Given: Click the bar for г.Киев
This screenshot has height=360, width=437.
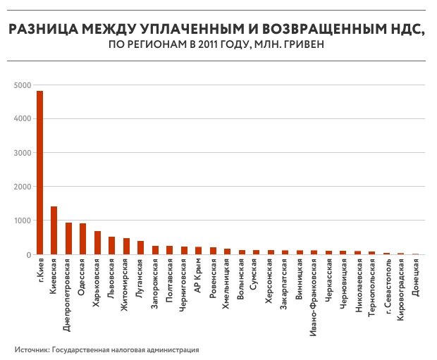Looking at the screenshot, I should pyautogui.click(x=39, y=173).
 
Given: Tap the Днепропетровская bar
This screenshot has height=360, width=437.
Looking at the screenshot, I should pyautogui.click(x=68, y=239).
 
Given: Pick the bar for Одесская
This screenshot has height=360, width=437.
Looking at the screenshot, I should pyautogui.click(x=82, y=239).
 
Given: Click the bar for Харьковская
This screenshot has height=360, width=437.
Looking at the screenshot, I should pyautogui.click(x=97, y=243).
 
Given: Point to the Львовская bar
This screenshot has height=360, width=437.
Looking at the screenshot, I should pyautogui.click(x=111, y=246).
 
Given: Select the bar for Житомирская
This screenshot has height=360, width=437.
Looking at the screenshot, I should pyautogui.click(x=126, y=247).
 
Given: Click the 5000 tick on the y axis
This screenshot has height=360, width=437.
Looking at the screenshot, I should pyautogui.click(x=22, y=85).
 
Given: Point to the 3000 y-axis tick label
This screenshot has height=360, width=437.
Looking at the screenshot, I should pyautogui.click(x=22, y=153).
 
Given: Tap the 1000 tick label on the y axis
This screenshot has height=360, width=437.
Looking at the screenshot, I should pyautogui.click(x=22, y=221).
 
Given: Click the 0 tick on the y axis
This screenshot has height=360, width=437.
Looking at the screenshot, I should pyautogui.click(x=27, y=254).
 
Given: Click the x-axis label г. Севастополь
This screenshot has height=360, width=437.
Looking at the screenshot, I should pyautogui.click(x=386, y=287).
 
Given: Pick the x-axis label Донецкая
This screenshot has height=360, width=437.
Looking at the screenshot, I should pyautogui.click(x=415, y=280).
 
